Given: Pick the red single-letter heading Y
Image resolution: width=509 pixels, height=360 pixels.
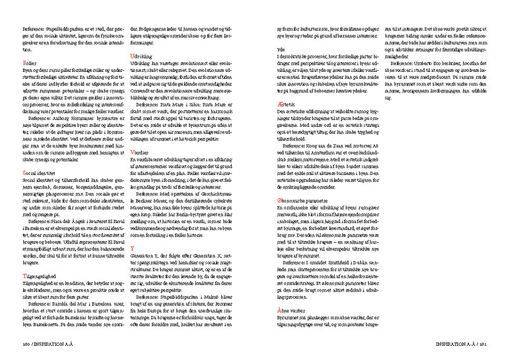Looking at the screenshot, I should (132, 248).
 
